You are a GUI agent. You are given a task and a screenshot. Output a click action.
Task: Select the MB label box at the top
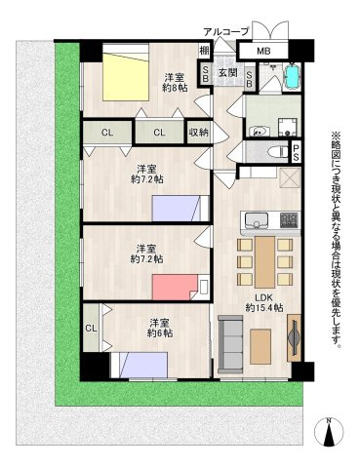click(x=262, y=51)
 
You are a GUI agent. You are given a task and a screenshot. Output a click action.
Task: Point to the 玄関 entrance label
click(x=227, y=72)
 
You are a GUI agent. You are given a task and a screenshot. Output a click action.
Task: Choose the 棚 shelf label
click(x=204, y=51)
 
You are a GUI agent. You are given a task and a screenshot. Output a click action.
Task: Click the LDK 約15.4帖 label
click(x=263, y=302)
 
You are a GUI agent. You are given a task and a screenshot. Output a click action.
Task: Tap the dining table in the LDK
click(x=263, y=258)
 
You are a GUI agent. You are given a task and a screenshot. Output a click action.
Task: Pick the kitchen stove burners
click(x=289, y=218)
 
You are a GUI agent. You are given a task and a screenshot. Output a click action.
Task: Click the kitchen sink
click(x=255, y=218)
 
